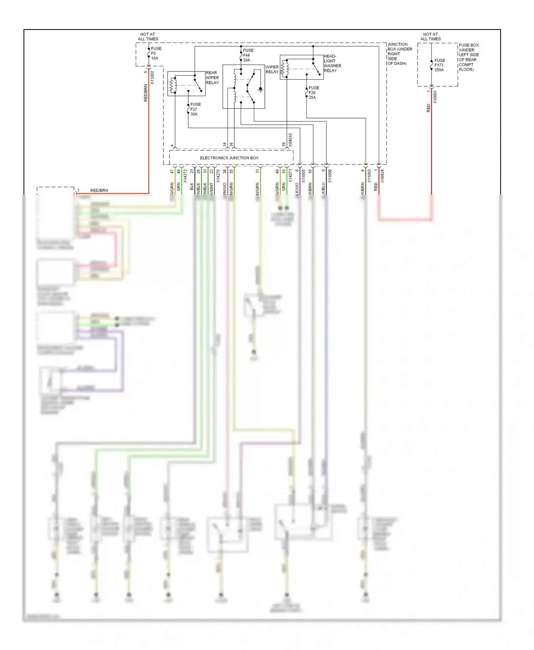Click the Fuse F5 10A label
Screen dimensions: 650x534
(x=156, y=53)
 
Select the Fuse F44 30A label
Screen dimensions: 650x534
(x=248, y=55)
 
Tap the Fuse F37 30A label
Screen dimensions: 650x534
(x=195, y=109)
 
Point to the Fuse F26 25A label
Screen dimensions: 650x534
(x=314, y=92)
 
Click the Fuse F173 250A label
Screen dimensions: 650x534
(x=439, y=65)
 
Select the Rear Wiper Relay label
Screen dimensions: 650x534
(x=212, y=78)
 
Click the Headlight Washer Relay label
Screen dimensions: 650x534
(x=332, y=63)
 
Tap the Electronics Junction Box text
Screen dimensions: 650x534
(x=229, y=158)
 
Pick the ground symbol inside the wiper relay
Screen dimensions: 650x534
(x=261, y=90)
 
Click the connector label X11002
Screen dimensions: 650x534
(x=152, y=78)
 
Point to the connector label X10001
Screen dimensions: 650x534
(x=435, y=97)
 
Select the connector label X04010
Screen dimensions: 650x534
(x=290, y=140)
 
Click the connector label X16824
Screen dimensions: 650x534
(x=382, y=176)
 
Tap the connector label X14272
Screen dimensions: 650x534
(x=185, y=176)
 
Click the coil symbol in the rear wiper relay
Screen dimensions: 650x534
(x=173, y=85)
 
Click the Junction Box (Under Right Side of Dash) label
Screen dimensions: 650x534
(x=399, y=54)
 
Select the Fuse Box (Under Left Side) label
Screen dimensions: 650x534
(x=468, y=57)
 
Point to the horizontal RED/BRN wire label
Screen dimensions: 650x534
(x=99, y=191)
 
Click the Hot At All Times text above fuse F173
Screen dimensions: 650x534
(x=430, y=37)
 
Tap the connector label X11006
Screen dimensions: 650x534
(x=330, y=176)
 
